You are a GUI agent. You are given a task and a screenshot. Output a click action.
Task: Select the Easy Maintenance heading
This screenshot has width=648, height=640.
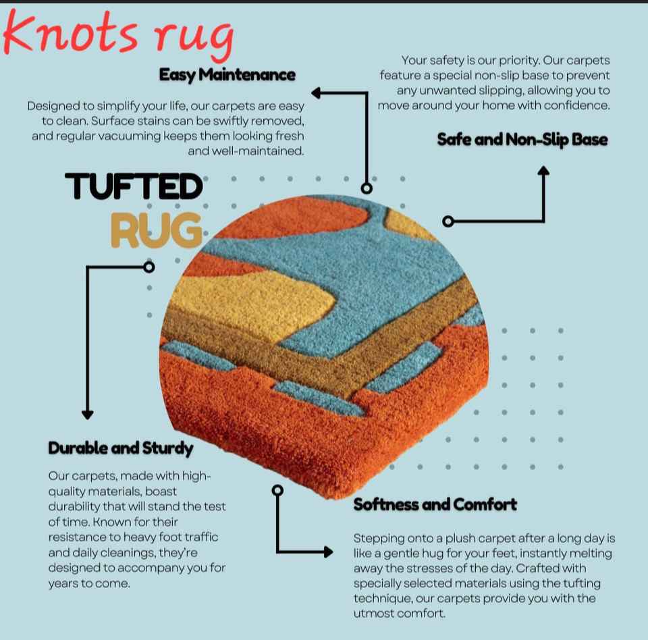click(227, 74)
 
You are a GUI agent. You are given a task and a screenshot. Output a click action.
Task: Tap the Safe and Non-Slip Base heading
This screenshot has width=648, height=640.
click(522, 140)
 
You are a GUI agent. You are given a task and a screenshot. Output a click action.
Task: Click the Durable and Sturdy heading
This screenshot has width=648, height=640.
click(121, 448)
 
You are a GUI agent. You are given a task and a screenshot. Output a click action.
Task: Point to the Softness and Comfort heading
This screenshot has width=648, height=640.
click(435, 504)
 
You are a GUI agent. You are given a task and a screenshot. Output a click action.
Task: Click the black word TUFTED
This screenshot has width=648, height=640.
click(134, 187)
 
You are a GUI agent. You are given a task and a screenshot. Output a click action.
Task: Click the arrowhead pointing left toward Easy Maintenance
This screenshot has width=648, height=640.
click(317, 93)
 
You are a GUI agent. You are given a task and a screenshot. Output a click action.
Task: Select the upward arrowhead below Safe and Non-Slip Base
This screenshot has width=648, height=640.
click(543, 171)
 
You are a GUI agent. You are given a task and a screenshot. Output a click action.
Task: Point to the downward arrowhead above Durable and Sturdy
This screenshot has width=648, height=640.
click(87, 414)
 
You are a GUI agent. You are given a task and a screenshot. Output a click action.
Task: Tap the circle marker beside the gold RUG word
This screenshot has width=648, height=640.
click(150, 267)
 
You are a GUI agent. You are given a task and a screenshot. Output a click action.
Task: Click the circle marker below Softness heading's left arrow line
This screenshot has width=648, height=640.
click(277, 489)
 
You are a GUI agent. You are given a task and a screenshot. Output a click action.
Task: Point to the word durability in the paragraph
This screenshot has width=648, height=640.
click(76, 506)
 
